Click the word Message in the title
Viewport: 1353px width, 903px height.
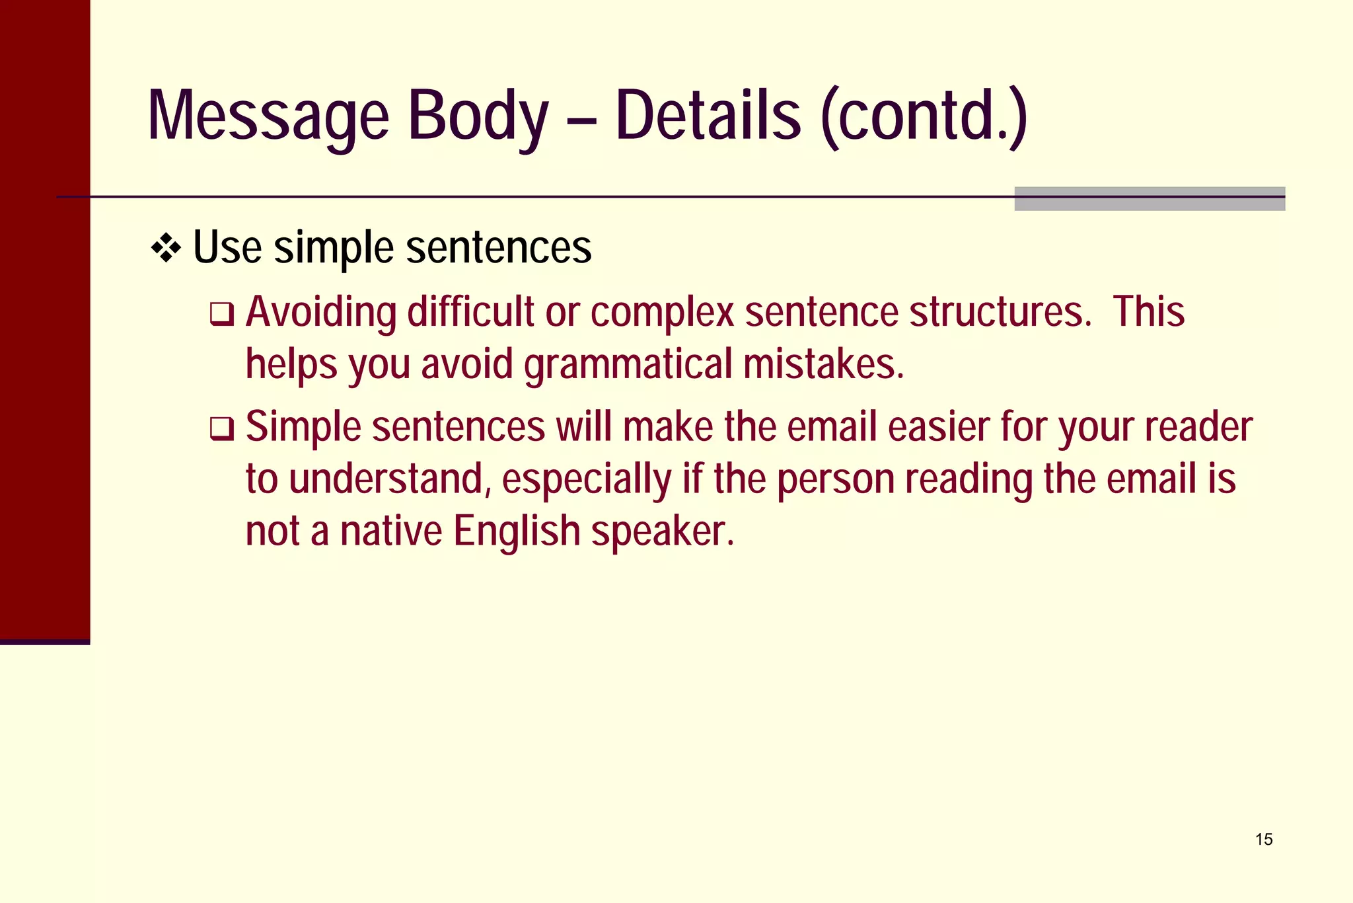268,116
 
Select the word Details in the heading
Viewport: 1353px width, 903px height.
708,116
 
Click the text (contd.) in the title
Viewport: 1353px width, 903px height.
924,116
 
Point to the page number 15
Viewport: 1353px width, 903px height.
1264,840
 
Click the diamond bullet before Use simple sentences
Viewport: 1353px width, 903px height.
166,249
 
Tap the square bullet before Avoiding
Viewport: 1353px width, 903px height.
222,315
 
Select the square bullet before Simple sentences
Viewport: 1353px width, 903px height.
222,430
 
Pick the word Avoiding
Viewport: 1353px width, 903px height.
321,312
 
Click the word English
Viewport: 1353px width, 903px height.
517,531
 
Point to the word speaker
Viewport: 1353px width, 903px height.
663,531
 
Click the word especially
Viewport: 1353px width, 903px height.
586,480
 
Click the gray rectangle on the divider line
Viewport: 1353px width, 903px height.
1150,199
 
